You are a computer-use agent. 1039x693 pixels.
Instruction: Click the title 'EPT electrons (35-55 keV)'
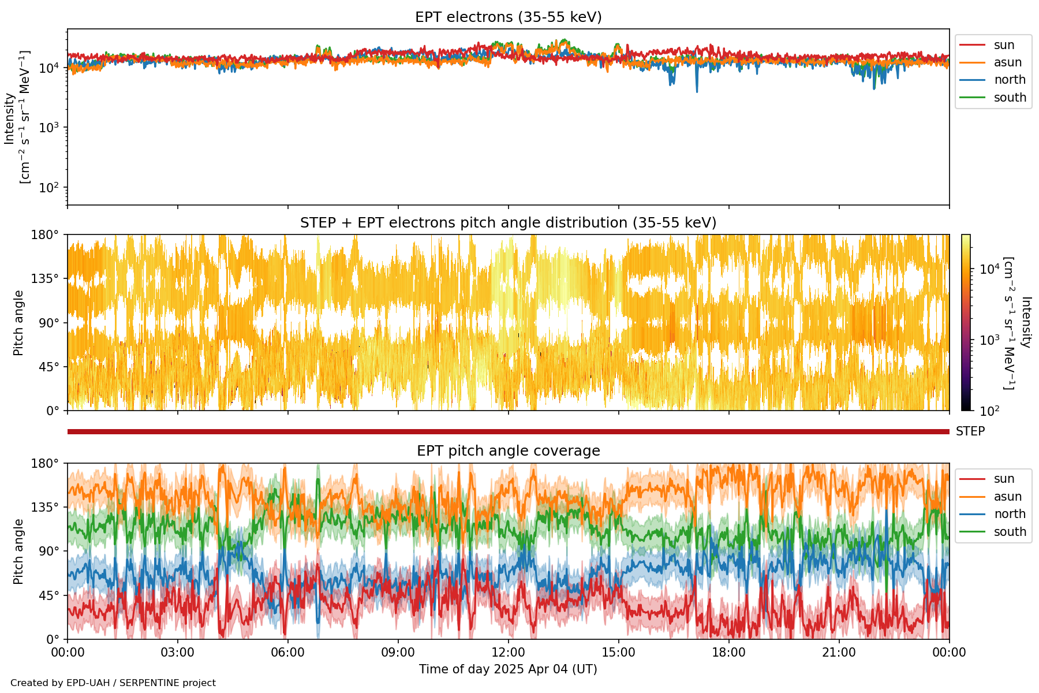pyautogui.click(x=508, y=17)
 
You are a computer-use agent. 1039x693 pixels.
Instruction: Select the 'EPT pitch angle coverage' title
pyautogui.click(x=508, y=451)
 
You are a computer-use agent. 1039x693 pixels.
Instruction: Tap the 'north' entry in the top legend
pyautogui.click(x=1010, y=80)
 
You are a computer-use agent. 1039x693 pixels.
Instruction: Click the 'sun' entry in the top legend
pyautogui.click(x=1004, y=45)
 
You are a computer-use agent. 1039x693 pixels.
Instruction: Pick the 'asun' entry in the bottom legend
pyautogui.click(x=1007, y=497)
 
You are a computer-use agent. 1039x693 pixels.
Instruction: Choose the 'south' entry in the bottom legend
pyautogui.click(x=1010, y=532)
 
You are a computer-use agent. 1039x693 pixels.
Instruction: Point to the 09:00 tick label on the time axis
pyautogui.click(x=398, y=653)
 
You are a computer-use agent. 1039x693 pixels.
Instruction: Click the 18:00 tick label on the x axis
pyautogui.click(x=729, y=653)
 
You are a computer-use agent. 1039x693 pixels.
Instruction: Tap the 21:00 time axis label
pyautogui.click(x=839, y=653)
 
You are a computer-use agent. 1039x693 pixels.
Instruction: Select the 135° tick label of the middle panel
pyautogui.click(x=48, y=279)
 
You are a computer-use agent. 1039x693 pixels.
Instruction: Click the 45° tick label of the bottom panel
pyautogui.click(x=52, y=595)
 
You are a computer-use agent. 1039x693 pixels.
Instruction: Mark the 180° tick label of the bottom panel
pyautogui.click(x=48, y=463)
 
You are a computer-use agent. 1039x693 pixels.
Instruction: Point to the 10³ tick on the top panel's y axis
pyautogui.click(x=50, y=128)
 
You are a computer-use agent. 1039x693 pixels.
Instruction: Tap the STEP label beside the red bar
pyautogui.click(x=970, y=431)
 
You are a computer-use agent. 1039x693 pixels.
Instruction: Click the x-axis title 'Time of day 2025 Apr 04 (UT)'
pyautogui.click(x=508, y=669)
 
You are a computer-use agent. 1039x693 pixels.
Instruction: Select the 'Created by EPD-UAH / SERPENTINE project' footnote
pyautogui.click(x=113, y=683)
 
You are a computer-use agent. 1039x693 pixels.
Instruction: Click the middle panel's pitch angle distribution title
pyautogui.click(x=508, y=223)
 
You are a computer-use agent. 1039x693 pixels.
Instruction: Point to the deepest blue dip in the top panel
pyautogui.click(x=697, y=91)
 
